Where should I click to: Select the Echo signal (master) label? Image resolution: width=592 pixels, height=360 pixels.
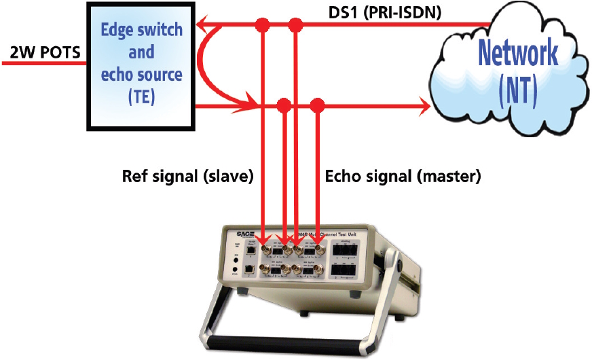[x=403, y=177]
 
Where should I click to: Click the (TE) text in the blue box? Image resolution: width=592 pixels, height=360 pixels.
[x=141, y=96]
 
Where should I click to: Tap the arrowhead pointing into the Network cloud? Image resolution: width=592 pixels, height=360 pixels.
[x=425, y=106]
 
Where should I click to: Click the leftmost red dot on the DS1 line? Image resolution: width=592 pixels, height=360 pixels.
[x=262, y=26]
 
